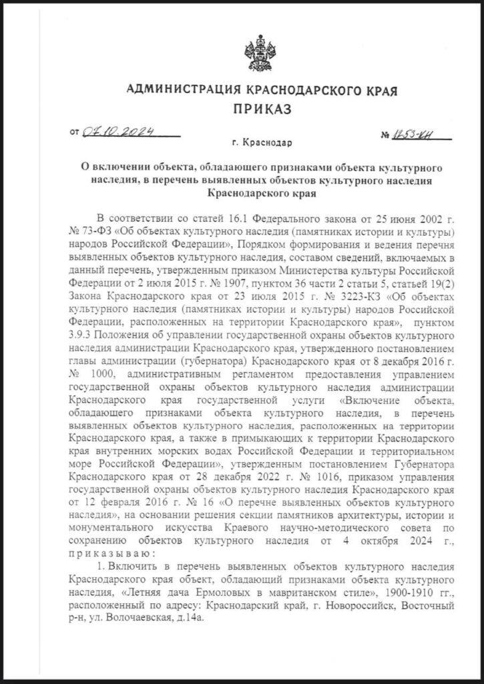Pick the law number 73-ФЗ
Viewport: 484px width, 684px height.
84,232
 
